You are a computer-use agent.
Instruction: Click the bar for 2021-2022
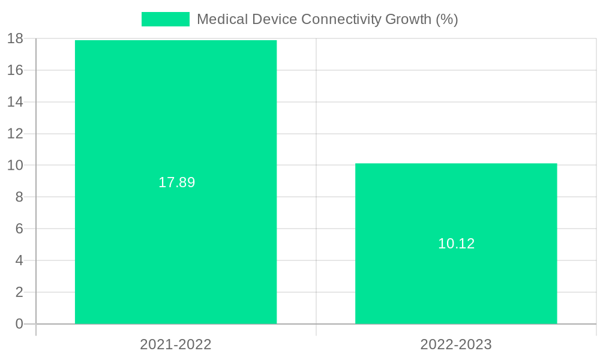176,120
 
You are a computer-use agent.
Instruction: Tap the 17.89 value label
176,182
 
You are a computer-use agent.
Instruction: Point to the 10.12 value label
456,244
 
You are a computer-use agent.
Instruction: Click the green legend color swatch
165,19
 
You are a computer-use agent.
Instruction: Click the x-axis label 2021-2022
176,344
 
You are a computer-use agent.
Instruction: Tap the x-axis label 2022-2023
456,344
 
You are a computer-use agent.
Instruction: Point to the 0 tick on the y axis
19,324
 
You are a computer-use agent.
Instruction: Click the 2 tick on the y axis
19,292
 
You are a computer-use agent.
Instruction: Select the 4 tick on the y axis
19,260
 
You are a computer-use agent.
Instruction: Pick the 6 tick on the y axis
19,229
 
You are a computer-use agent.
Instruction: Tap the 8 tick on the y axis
19,197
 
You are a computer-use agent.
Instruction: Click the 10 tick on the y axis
16,165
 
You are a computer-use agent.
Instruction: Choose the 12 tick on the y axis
16,133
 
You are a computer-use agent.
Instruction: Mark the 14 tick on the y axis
16,102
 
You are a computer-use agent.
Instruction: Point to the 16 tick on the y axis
16,70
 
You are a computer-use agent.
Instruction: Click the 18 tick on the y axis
16,38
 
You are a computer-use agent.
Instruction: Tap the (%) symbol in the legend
447,19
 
